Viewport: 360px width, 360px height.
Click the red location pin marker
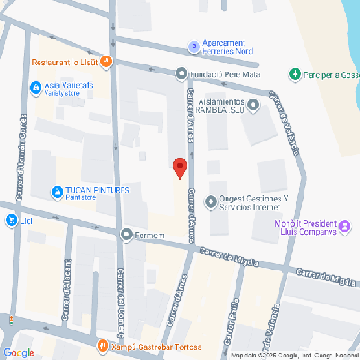point(179,167)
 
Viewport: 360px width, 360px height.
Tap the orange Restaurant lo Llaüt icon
point(106,62)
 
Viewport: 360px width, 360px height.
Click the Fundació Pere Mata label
point(223,73)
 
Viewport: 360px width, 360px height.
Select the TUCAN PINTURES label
point(98,191)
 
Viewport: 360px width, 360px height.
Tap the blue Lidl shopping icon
point(9,219)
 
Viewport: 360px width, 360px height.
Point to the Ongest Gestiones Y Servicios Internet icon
point(210,201)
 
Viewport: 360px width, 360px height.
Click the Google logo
point(18,351)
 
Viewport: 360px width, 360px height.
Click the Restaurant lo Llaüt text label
point(64,63)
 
